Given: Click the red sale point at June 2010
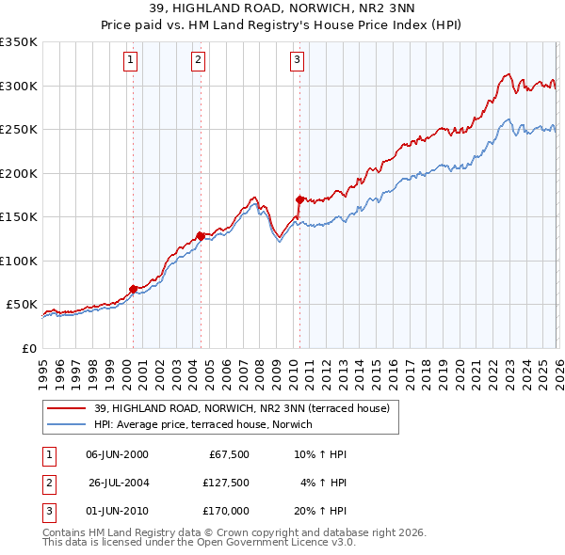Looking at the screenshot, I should (299, 199).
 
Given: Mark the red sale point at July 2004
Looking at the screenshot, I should (201, 236).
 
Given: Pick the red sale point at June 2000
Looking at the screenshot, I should (133, 289).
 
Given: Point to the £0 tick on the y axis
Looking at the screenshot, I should (28, 348).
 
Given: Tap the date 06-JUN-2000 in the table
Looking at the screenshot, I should (117, 454).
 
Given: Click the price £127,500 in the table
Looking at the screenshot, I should (226, 483).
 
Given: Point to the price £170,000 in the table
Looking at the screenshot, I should (226, 511).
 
